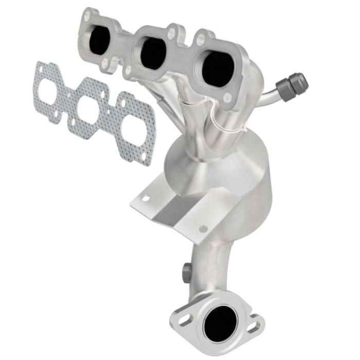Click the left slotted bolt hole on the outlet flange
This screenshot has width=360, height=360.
point(183,320)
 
